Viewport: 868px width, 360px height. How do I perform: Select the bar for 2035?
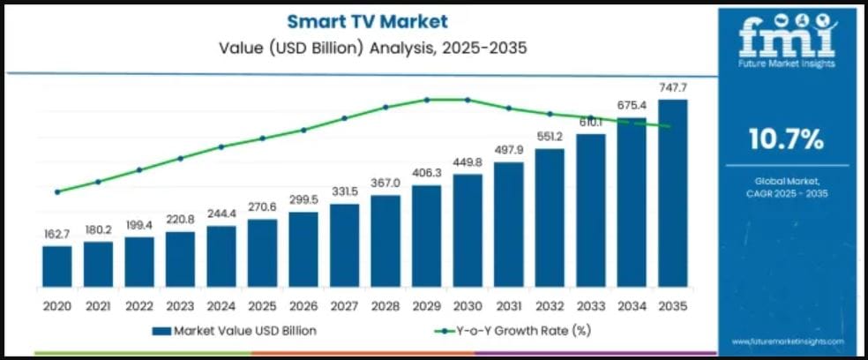tap(672, 193)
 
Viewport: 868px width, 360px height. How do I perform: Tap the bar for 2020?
tap(57, 266)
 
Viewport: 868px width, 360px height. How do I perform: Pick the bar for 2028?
tap(385, 241)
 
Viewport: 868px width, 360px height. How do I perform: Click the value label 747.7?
tap(672, 88)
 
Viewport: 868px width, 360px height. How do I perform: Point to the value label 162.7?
tap(57, 235)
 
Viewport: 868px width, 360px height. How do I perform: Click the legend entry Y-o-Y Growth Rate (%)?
tap(513, 331)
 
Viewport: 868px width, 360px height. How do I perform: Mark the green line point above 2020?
tap(57, 191)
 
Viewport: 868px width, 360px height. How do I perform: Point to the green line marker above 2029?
tap(426, 100)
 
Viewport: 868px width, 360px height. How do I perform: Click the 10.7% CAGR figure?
tap(786, 139)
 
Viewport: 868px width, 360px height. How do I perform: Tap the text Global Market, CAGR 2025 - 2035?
tap(786, 186)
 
